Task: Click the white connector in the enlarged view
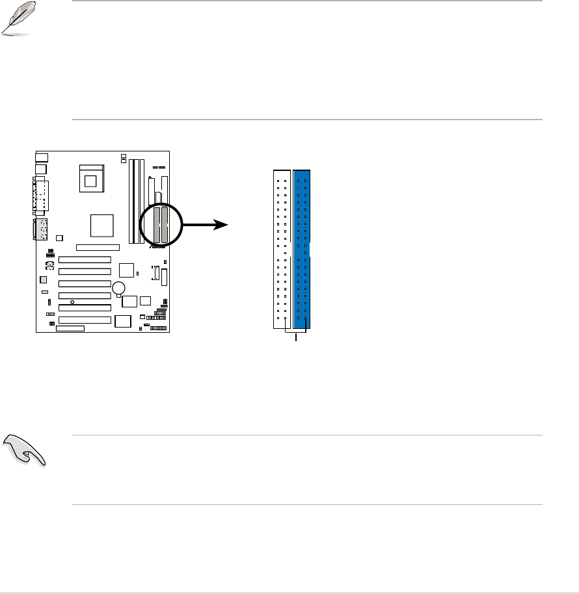pos(282,249)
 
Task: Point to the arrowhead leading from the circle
pos(222,225)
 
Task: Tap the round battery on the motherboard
pos(118,288)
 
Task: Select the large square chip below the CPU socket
pos(102,226)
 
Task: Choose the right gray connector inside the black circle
pos(165,225)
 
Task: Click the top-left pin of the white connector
pos(278,175)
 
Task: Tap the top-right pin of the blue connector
pos(306,175)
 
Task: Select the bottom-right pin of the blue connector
pos(306,318)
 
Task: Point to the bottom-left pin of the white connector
pos(278,318)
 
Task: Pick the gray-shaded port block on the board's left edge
pos(40,229)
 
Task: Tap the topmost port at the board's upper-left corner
pos(42,157)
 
